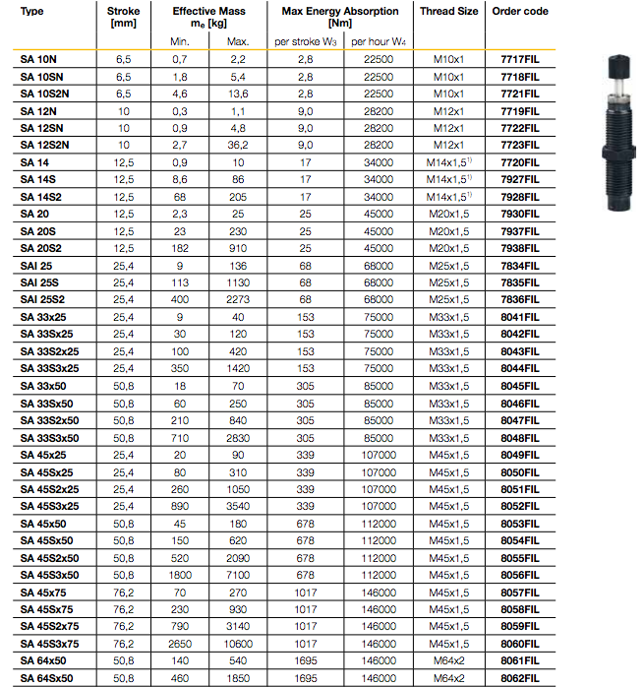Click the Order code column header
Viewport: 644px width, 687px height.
518,11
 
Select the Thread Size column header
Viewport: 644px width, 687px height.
449,11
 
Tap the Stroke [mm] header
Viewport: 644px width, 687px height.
123,17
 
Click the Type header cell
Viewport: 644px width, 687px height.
32,11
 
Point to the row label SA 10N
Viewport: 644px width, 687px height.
40,60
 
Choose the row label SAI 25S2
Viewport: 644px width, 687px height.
44,298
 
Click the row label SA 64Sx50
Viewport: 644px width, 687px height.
48,678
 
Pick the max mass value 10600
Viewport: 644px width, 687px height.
238,644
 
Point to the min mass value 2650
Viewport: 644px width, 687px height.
179,644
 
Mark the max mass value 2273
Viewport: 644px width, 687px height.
238,298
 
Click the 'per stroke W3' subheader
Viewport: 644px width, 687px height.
306,41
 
